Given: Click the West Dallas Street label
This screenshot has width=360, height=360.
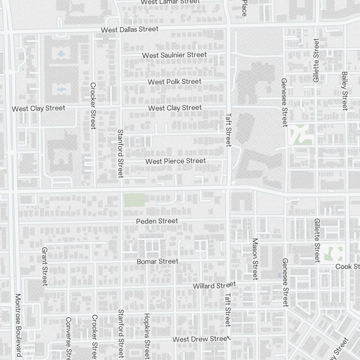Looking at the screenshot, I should point(130,30).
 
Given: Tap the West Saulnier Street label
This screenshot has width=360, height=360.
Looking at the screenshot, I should point(175,55).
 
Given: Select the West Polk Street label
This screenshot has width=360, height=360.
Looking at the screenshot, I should point(175,82).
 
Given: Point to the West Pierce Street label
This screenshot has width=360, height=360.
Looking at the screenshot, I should point(176,161).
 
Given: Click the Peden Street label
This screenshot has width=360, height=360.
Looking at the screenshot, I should point(157,221).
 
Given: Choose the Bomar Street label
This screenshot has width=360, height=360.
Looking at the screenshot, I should point(157,261).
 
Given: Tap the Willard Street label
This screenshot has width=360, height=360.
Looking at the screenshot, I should point(214,285).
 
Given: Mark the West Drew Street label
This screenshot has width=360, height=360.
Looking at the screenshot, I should point(201,339).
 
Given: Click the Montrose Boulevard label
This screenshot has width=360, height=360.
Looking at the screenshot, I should point(18,325).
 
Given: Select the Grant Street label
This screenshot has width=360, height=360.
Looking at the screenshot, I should point(45,266).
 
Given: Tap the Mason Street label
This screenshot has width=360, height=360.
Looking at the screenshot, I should point(255,259).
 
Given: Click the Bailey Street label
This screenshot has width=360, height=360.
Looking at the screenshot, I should point(345,91).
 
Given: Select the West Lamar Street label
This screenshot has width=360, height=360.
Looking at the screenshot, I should point(170,2).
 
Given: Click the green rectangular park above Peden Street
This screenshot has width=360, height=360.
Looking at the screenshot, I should point(134,200).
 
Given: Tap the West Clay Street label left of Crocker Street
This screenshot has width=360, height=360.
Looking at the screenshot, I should point(39,108).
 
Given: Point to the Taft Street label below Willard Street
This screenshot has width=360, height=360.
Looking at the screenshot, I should point(228,310).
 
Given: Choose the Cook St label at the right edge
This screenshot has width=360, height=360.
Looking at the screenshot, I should point(347,266).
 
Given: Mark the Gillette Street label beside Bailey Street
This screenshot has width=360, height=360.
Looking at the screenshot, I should point(316,60).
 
